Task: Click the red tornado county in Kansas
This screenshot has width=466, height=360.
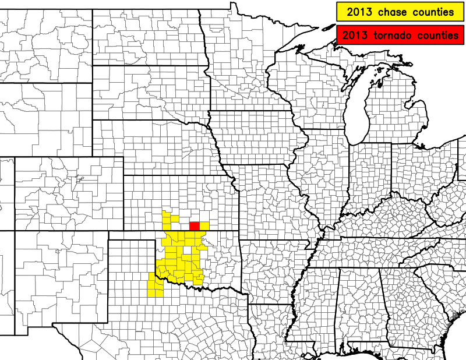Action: [195, 226]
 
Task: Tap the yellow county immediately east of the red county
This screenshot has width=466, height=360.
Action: [204, 226]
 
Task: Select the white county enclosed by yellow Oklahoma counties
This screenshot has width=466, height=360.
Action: [187, 250]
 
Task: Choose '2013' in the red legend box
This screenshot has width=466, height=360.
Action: [354, 35]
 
